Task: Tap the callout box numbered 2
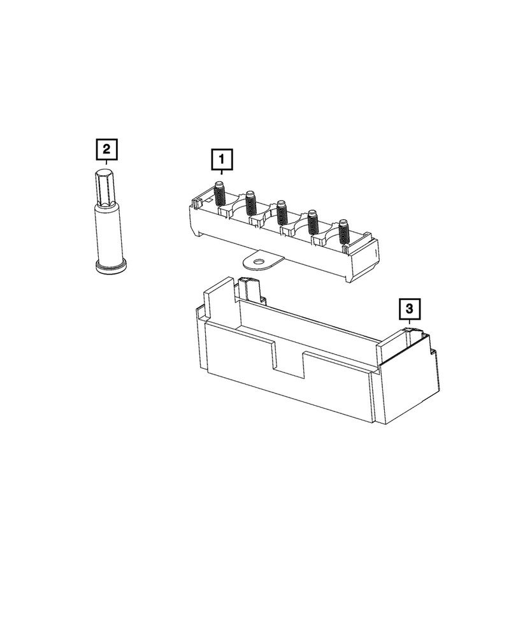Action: (x=106, y=150)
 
